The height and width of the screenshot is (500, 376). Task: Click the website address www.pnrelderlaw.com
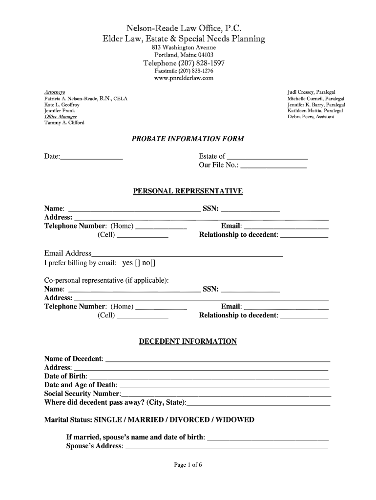(x=184, y=78)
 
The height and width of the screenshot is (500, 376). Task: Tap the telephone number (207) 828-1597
(x=184, y=63)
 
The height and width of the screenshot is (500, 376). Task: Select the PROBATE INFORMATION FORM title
(x=188, y=139)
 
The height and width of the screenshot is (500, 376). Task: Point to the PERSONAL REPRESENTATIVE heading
(x=188, y=191)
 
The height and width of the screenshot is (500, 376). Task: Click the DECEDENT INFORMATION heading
(x=188, y=342)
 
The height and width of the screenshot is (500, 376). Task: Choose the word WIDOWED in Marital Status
(x=235, y=420)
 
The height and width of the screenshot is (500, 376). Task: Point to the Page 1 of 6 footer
(x=188, y=465)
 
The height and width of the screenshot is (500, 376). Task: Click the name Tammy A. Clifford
(x=64, y=123)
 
